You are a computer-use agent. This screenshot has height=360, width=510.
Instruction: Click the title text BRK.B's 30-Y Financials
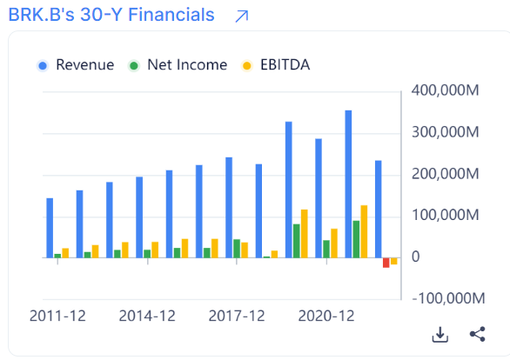point(111,16)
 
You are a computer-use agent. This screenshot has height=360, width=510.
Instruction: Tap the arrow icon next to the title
point(242,16)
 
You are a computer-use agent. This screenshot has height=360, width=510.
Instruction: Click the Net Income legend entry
point(178,65)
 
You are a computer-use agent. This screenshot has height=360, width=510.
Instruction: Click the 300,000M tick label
point(443,133)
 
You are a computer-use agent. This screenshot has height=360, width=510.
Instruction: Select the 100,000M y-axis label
point(443,216)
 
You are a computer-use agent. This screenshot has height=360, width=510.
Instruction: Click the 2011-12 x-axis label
point(57,317)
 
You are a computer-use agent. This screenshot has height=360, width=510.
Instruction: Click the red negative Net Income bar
point(386,263)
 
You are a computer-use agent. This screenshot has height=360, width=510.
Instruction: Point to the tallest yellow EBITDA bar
point(364,231)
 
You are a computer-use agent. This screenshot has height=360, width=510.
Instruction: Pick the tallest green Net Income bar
point(356,239)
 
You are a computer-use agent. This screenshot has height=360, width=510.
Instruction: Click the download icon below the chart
point(440,335)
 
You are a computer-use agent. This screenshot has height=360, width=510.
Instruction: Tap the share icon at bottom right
point(477,335)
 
